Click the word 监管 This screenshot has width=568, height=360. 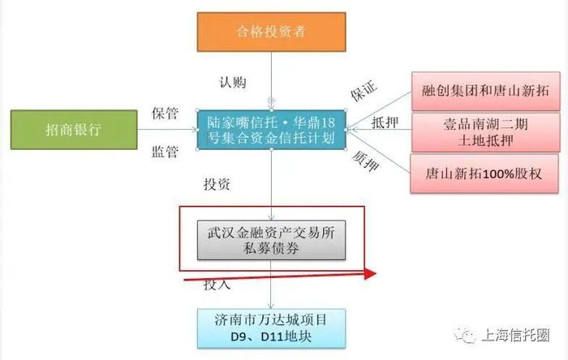tap(165, 151)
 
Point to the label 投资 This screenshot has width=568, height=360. tap(216, 184)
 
